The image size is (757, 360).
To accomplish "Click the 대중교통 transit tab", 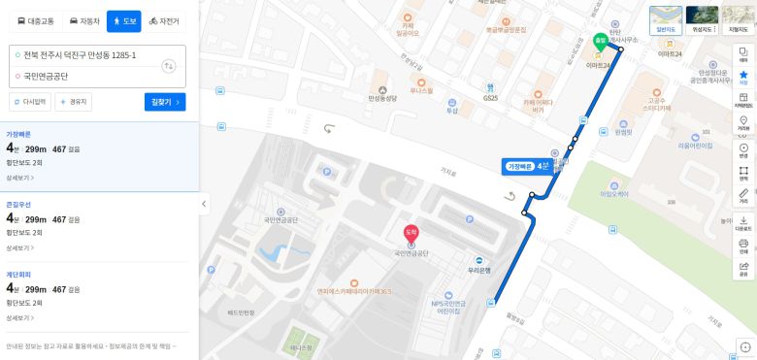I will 36,19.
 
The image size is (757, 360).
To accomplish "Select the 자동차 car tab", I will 84,19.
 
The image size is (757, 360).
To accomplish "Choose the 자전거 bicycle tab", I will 164,19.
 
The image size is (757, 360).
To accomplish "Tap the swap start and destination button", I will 169,65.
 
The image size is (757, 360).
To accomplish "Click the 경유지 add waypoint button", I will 74,101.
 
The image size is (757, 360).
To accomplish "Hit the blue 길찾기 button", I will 164,101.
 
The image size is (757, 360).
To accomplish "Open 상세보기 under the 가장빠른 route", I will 20,179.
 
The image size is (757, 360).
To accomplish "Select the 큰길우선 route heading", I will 18,205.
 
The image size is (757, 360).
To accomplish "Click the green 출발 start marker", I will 601,42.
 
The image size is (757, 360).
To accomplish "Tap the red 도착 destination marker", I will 411,233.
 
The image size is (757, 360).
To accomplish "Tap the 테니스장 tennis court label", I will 301,346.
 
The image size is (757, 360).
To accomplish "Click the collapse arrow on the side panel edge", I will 204,205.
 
